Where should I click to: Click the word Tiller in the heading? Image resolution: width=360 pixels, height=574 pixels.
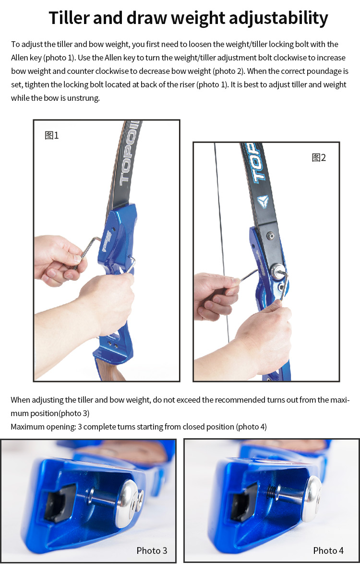[70, 18]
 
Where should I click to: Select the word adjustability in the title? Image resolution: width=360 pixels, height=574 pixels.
[278, 18]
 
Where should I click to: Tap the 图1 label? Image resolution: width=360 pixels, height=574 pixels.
[51, 135]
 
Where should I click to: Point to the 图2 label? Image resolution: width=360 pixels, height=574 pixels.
[319, 157]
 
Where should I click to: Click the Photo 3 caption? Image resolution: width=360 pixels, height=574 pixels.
[152, 550]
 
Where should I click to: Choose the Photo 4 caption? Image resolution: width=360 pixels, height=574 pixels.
[328, 550]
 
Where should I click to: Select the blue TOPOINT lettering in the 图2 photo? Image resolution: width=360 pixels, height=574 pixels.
[255, 163]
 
